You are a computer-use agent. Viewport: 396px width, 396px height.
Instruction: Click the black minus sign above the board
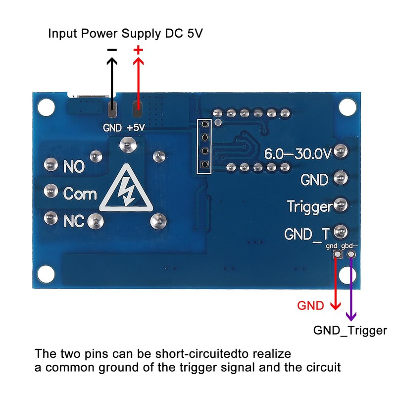[x=112, y=50]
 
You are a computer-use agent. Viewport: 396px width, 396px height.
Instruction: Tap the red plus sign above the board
[x=138, y=49]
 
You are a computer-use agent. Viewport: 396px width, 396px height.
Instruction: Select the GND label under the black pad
[x=112, y=128]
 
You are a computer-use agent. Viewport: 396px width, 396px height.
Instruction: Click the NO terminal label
[x=75, y=167]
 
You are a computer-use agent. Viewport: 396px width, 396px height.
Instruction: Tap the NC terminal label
[x=74, y=221]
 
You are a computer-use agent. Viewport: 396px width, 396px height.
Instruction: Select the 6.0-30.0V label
[x=297, y=153]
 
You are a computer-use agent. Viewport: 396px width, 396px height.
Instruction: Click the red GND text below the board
[x=310, y=305]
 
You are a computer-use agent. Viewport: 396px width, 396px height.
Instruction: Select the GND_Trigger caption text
[x=350, y=331]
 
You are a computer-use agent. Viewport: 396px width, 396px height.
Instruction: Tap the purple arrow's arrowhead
[x=351, y=315]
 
